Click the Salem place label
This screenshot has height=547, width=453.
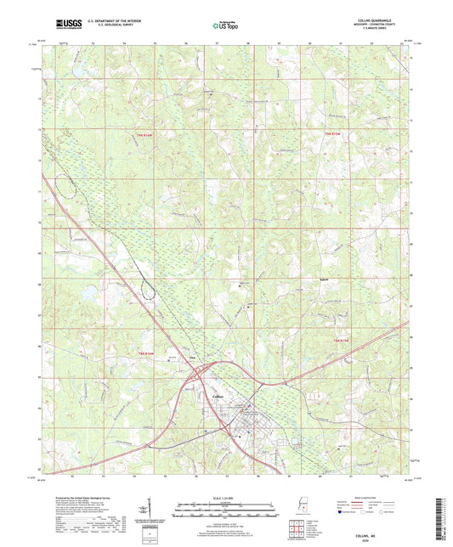click(x=325, y=277)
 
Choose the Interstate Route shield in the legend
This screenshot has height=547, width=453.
click(x=342, y=513)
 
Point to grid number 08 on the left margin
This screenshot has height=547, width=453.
click(x=39, y=254)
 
